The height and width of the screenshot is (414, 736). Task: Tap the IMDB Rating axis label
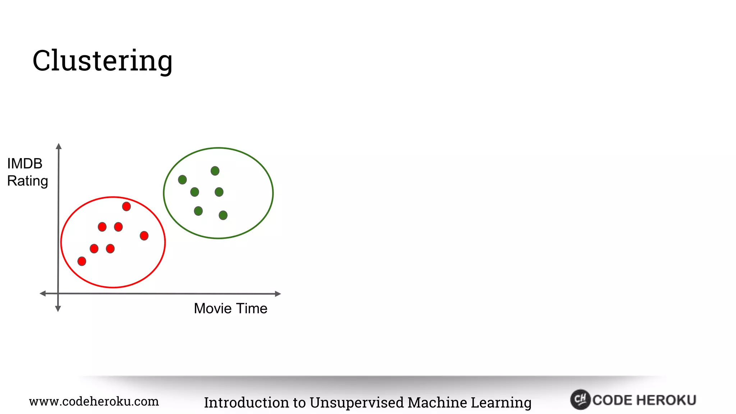(27, 172)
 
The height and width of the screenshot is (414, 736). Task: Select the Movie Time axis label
(230, 308)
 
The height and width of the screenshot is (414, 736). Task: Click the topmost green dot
(215, 171)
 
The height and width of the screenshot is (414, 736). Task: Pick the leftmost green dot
(182, 180)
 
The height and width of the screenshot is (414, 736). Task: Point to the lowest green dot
(223, 215)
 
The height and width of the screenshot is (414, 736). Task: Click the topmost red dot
(126, 206)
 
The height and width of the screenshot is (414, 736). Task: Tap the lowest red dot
(82, 261)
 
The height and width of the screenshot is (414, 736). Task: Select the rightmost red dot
(144, 236)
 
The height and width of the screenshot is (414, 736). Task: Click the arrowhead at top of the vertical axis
(59, 146)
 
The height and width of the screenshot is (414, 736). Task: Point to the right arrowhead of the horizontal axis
(278, 294)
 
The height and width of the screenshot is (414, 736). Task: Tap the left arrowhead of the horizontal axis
(42, 294)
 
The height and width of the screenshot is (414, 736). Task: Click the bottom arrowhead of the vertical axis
(58, 309)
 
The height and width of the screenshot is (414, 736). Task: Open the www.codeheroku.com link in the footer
(94, 401)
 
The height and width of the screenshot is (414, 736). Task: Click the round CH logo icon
(580, 399)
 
